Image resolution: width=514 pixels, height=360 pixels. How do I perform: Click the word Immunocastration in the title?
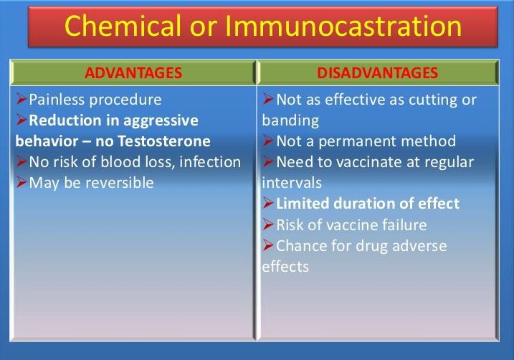click(344, 27)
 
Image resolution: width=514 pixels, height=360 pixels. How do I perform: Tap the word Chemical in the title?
click(123, 26)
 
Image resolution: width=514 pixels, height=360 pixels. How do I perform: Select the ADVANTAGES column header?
click(133, 72)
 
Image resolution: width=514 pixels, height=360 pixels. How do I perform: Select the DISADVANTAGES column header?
click(378, 72)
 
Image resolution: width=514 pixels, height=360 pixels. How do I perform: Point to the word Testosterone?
click(164, 141)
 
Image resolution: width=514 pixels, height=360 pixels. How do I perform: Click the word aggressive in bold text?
click(161, 121)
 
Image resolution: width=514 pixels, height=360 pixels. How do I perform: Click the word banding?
click(290, 121)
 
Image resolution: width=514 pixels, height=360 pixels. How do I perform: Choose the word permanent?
click(357, 142)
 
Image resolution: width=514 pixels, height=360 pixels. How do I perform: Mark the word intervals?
click(292, 183)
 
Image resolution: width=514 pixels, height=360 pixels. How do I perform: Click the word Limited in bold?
click(303, 203)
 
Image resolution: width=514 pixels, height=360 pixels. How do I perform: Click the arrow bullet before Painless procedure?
click(22, 99)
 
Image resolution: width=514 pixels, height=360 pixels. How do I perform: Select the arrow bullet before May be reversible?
click(22, 182)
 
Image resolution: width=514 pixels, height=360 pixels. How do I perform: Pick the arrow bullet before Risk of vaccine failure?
click(268, 224)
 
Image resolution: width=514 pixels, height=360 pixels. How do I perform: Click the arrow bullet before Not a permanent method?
click(268, 141)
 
